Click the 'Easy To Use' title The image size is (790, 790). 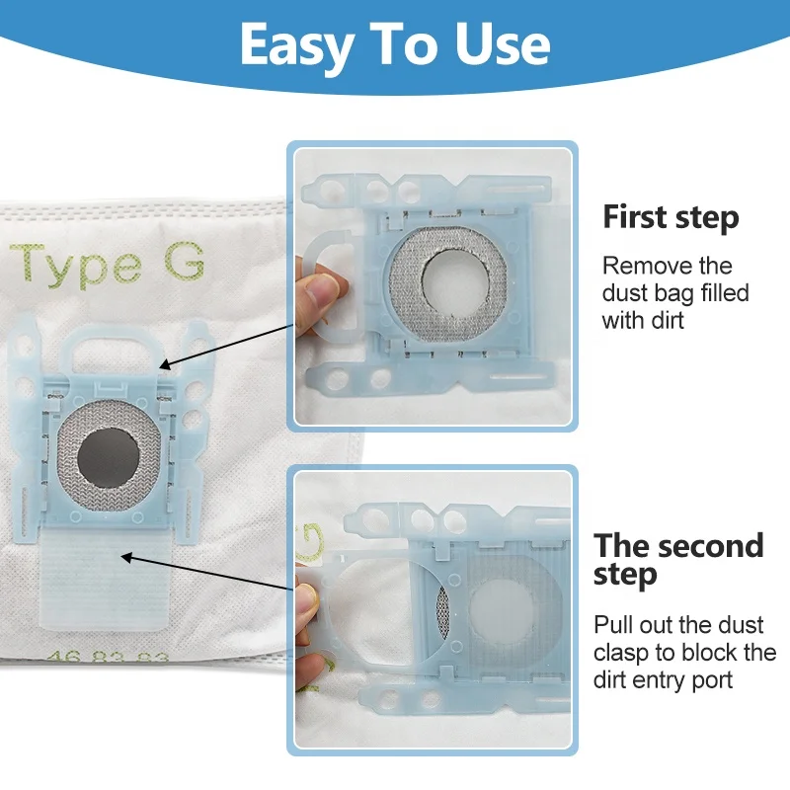pos(395,44)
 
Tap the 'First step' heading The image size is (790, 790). pos(671,216)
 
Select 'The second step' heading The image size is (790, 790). pos(677,559)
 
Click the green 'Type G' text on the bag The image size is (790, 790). pos(109,264)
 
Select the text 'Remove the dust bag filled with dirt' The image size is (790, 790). pos(674,293)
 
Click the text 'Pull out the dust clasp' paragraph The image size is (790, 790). pos(684,652)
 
